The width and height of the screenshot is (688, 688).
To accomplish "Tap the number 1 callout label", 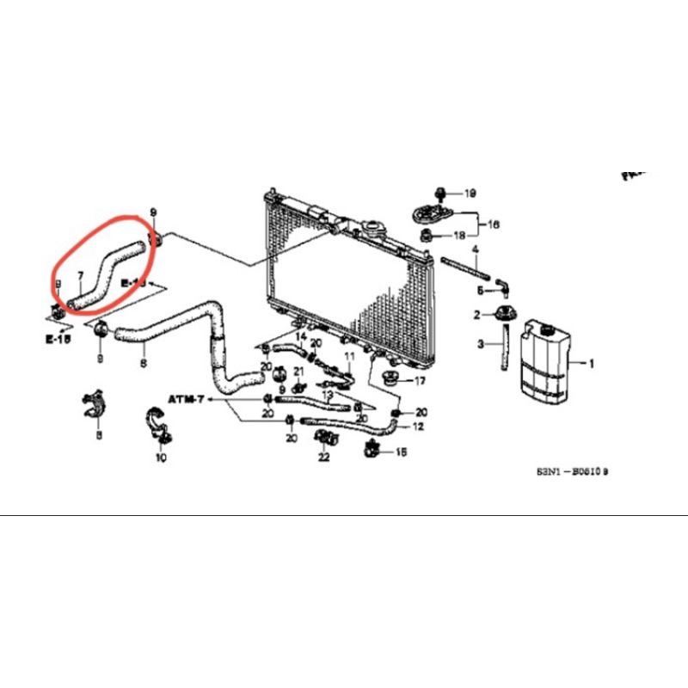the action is pos(592,364).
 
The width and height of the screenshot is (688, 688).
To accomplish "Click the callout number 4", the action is pos(475,250).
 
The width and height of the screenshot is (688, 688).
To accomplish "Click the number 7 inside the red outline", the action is pos(80,277).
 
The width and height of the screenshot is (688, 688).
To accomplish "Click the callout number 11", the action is pos(350,356).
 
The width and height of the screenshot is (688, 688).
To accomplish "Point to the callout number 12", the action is pos(418,426).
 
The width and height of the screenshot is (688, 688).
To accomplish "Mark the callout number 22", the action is pos(323,457).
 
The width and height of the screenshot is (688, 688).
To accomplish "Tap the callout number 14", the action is pos(301,335).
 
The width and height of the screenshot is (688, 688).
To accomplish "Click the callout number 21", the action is pos(299,371).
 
